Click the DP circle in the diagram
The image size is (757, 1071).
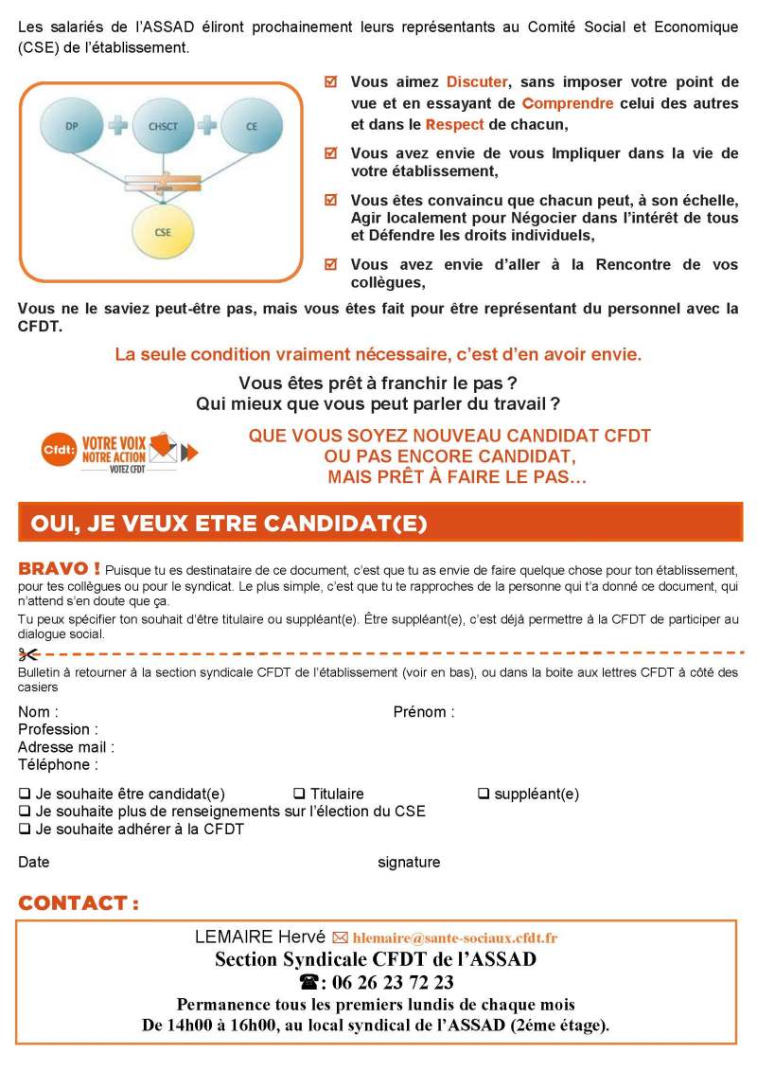tap(73, 126)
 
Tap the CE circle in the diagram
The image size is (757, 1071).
tap(251, 126)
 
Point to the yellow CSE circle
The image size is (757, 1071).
tap(162, 231)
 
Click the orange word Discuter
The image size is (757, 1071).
tap(477, 82)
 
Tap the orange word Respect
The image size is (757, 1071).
tap(454, 124)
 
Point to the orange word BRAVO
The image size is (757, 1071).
tap(59, 569)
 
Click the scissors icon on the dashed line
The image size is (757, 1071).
tap(27, 654)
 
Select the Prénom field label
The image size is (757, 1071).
tap(423, 712)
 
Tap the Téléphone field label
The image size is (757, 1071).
tap(58, 765)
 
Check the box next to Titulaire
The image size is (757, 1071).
tap(299, 794)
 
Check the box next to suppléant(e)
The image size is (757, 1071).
tap(483, 794)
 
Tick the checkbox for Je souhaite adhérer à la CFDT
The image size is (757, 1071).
tap(24, 830)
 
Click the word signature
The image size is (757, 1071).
tap(409, 863)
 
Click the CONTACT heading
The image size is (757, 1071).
tap(79, 903)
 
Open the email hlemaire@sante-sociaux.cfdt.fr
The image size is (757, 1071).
tap(454, 938)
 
